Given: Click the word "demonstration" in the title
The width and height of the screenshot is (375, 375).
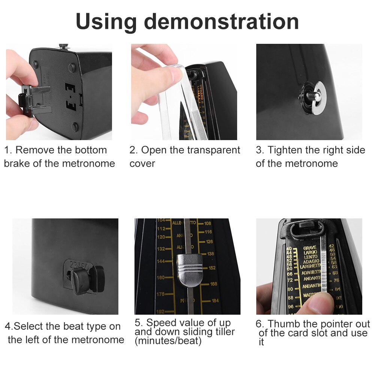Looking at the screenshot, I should (221, 22).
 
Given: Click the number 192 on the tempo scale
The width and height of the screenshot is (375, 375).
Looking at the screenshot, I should (160, 311).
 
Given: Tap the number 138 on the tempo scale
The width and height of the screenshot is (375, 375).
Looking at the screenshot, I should (211, 254).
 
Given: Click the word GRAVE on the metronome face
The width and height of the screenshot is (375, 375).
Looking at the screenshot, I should (310, 248).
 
